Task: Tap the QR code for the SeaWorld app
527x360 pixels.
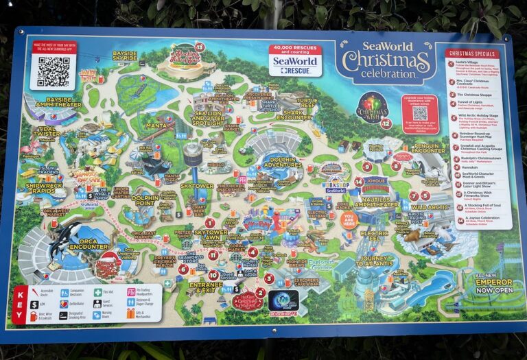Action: [x=52, y=69]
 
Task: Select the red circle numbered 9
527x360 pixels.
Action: [x=368, y=167]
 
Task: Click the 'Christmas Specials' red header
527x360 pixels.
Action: [x=474, y=53]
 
